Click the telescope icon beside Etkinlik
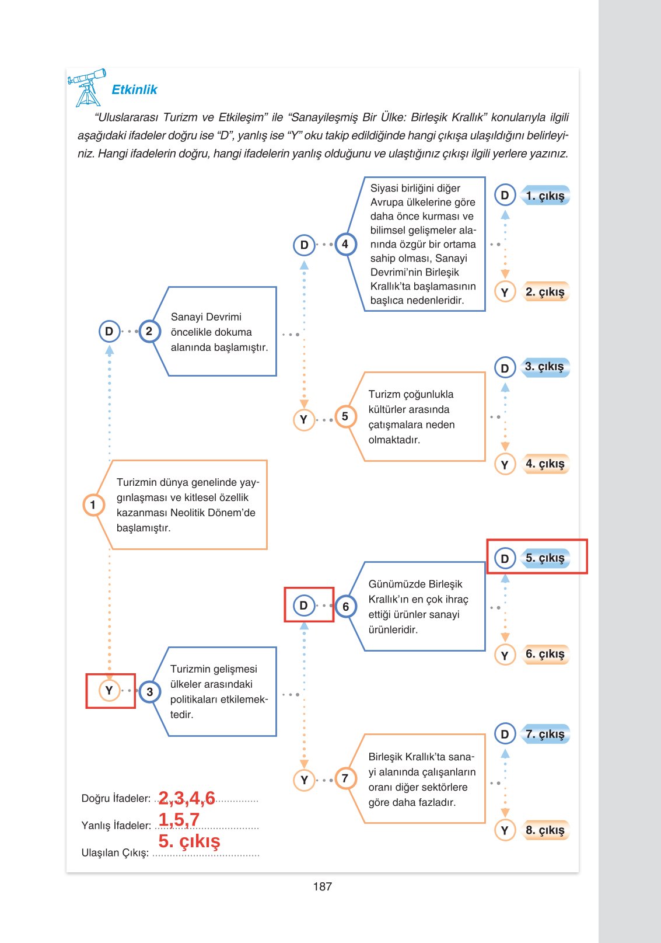tap(87, 87)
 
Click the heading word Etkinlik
tap(134, 89)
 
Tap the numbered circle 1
tap(93, 505)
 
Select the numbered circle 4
tap(345, 244)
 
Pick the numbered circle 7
tap(345, 778)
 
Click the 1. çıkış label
tap(545, 196)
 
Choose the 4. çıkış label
tap(545, 464)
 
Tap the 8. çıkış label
tap(545, 830)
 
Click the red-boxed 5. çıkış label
tap(545, 558)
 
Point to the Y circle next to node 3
tap(109, 691)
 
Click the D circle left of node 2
tap(109, 332)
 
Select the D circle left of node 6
tap(303, 606)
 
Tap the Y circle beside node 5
tap(303, 419)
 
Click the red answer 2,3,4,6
tap(187, 798)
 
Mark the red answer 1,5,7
tap(179, 819)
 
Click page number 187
tap(322, 886)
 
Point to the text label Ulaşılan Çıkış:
tap(116, 852)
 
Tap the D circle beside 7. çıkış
tap(505, 734)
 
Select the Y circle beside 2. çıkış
tap(505, 292)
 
